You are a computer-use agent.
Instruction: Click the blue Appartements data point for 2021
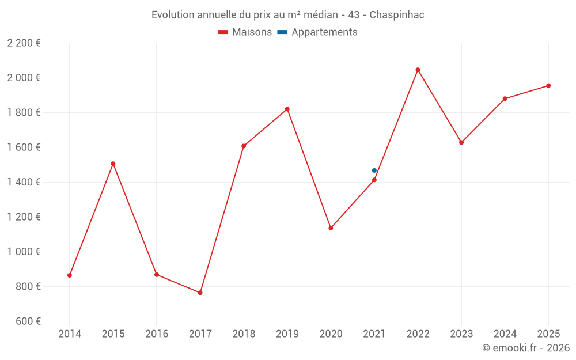click(x=374, y=170)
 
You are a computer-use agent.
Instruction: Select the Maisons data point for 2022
click(x=418, y=70)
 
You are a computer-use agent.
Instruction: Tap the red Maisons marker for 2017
click(x=200, y=293)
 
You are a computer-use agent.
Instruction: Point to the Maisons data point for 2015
click(x=113, y=164)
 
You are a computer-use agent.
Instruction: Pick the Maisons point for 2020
click(x=331, y=228)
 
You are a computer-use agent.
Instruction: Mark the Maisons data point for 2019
click(x=287, y=109)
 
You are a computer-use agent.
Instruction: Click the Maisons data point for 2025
click(x=548, y=86)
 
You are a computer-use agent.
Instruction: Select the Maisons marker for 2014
click(x=70, y=275)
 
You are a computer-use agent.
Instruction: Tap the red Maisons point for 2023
click(x=461, y=142)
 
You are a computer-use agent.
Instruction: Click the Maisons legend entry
click(x=245, y=32)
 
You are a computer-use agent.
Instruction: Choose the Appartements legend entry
click(x=317, y=32)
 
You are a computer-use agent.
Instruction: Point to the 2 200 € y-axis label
click(x=24, y=43)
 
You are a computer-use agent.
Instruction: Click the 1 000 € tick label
click(x=24, y=252)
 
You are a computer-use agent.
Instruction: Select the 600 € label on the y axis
click(x=28, y=321)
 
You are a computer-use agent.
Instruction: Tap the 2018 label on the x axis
click(x=244, y=334)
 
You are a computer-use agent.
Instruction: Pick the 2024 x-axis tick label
click(x=505, y=334)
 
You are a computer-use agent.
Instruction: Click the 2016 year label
click(x=157, y=334)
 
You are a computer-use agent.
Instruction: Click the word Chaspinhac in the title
click(x=397, y=15)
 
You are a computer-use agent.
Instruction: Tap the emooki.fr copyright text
click(x=526, y=347)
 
